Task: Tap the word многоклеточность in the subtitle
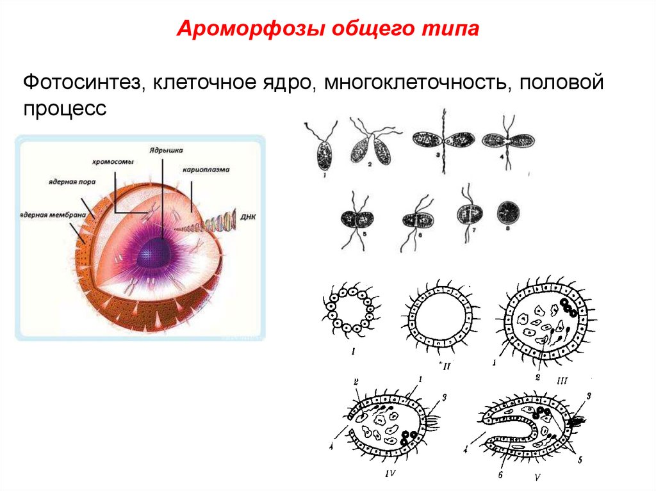pos(414,83)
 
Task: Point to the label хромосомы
pos(112,163)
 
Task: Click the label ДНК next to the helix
pos(249,218)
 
